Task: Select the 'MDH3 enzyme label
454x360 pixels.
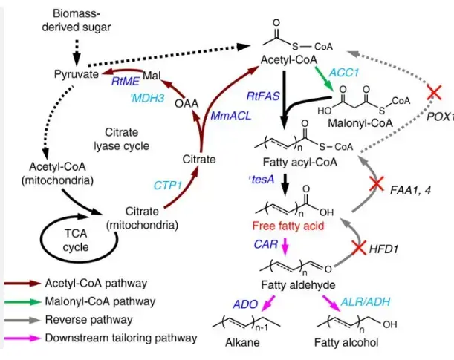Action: [146, 98]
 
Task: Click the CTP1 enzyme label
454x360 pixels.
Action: [169, 183]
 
